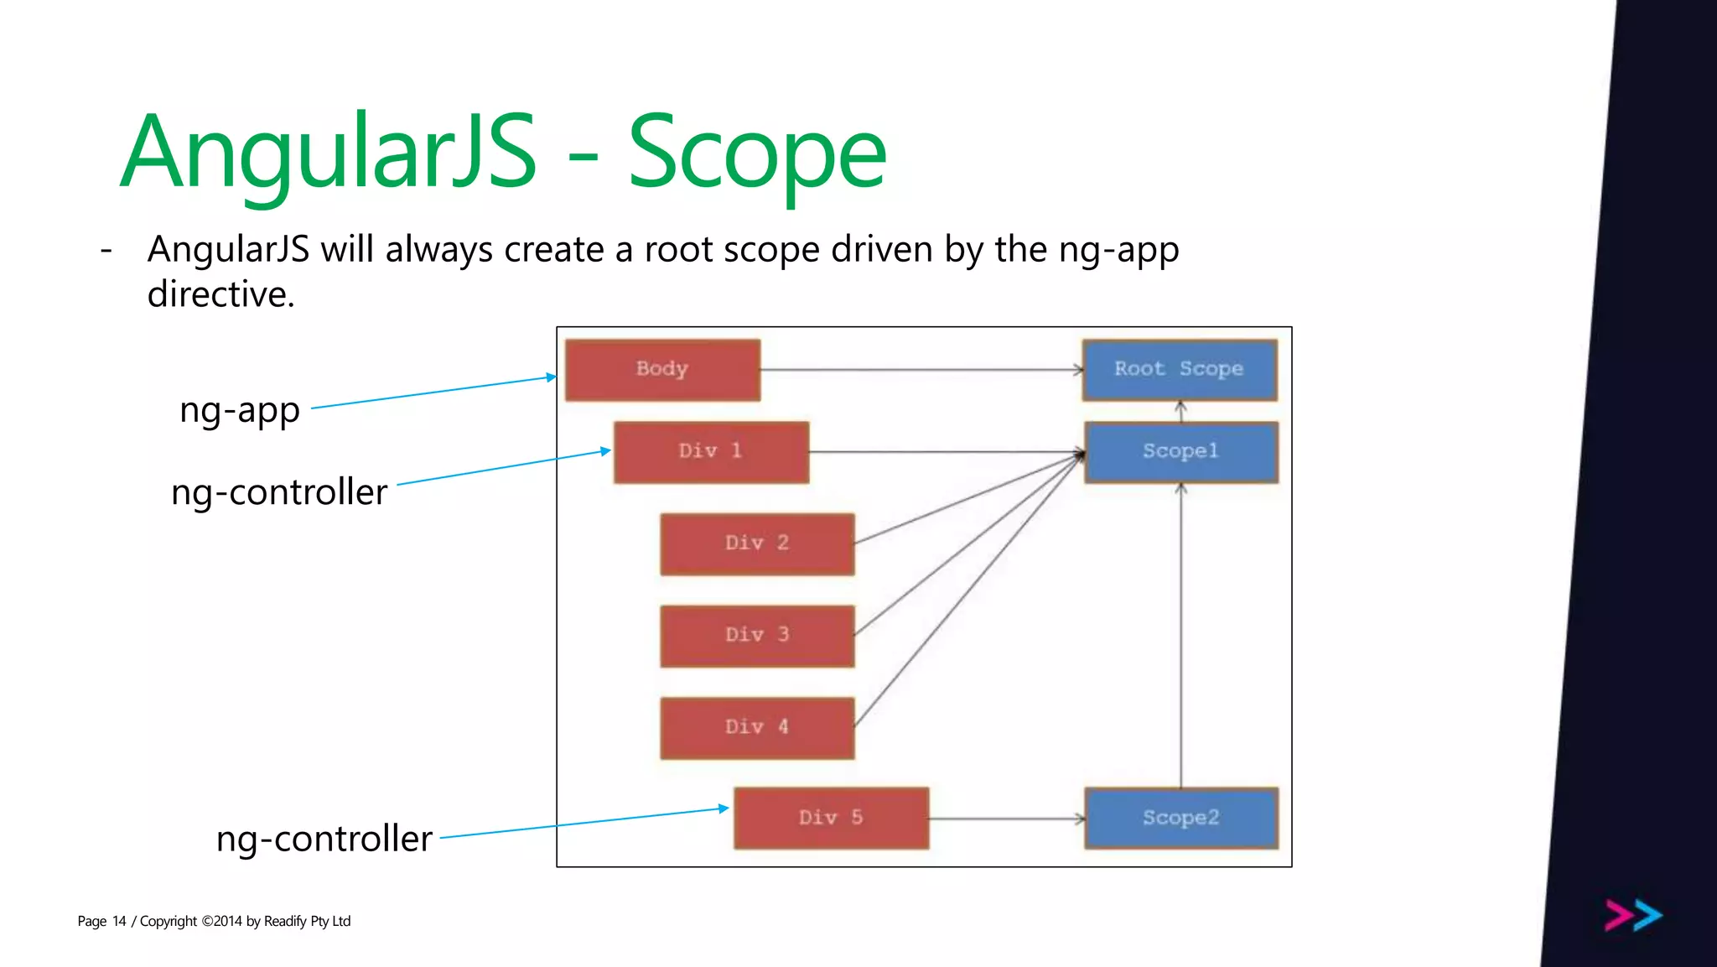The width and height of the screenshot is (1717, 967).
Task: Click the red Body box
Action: click(x=662, y=370)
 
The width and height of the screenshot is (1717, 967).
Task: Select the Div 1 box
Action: click(x=711, y=452)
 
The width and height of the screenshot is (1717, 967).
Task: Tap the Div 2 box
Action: click(x=757, y=543)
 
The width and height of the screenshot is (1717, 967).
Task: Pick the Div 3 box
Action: click(x=757, y=636)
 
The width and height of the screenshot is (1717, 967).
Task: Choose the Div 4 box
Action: click(x=757, y=727)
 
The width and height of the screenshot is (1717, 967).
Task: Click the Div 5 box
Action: click(x=831, y=818)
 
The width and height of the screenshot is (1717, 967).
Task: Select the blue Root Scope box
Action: click(x=1180, y=370)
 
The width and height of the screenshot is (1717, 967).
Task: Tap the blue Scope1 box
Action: click(x=1180, y=452)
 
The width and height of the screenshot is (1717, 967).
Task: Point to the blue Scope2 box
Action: click(x=1180, y=818)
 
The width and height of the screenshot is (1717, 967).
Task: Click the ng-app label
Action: click(x=240, y=411)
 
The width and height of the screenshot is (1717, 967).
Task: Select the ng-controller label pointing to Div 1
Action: click(x=279, y=492)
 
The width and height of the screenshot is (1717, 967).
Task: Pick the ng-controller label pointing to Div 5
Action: click(x=324, y=839)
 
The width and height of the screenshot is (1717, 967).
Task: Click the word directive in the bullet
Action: click(x=220, y=294)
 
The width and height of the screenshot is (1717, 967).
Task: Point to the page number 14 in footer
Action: click(x=119, y=921)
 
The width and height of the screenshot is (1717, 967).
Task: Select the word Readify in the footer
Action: click(x=285, y=921)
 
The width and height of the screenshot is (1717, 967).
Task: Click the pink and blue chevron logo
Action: click(x=1633, y=915)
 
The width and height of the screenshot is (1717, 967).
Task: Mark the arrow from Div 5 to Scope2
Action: click(x=1006, y=819)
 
